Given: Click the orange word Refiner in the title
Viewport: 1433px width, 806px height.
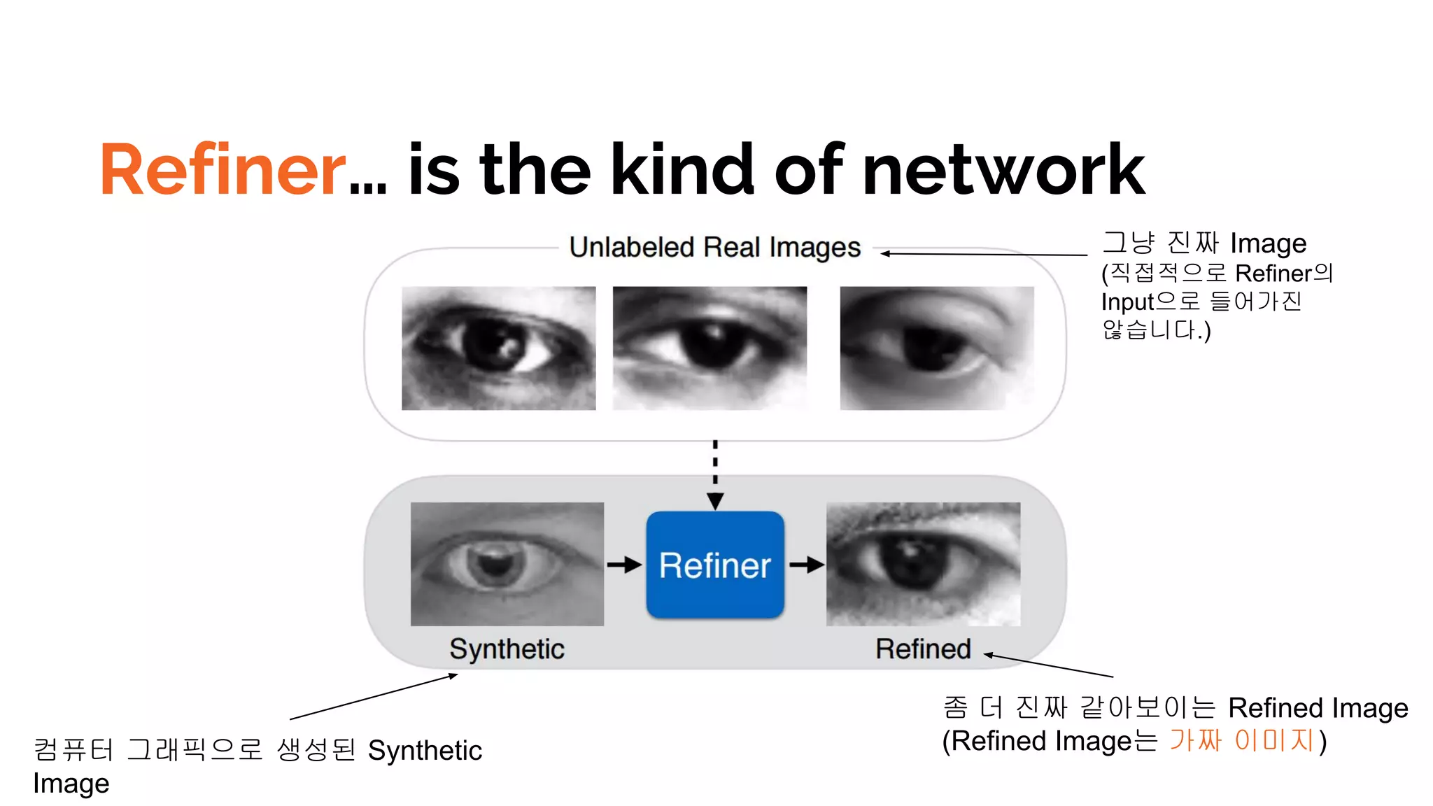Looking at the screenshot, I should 223,169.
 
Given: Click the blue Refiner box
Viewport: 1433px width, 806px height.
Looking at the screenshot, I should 714,565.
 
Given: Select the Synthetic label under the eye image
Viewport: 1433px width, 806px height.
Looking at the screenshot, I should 507,649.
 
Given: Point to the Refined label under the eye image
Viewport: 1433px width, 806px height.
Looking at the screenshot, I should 923,649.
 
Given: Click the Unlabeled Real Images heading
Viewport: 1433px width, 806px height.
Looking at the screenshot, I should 714,247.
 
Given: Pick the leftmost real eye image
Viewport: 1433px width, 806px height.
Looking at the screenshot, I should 498,348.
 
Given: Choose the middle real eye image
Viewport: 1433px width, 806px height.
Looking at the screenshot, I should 710,348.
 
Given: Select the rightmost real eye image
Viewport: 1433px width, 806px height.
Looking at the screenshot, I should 936,348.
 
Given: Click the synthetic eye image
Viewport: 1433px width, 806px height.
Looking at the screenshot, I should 507,564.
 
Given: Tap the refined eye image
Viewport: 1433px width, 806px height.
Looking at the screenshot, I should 923,564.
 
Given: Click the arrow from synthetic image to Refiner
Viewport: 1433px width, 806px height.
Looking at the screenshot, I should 624,565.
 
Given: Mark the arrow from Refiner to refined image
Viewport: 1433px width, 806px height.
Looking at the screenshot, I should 806,565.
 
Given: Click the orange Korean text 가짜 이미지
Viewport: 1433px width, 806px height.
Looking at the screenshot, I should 1241,740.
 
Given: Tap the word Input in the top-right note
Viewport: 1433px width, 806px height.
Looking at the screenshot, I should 1127,302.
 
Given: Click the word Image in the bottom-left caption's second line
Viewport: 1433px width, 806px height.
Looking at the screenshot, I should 71,784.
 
